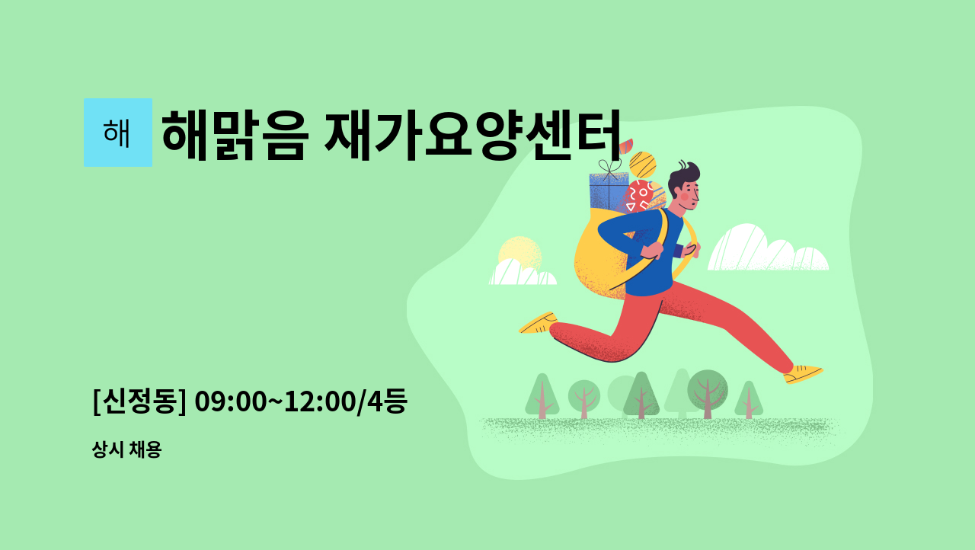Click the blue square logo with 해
pos(118,133)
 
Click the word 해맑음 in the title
pos(235,136)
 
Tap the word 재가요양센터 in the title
pos(473,136)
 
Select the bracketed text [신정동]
pos(139,401)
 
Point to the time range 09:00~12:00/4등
pos(301,401)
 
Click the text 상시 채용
pos(126,449)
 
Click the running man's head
pos(684,186)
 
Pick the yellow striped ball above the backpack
pos(642,165)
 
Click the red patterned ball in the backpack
pos(638,197)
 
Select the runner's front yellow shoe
pos(803,374)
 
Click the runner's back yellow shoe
pos(538,323)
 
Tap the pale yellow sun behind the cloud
pos(520,252)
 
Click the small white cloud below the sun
pos(523,273)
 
